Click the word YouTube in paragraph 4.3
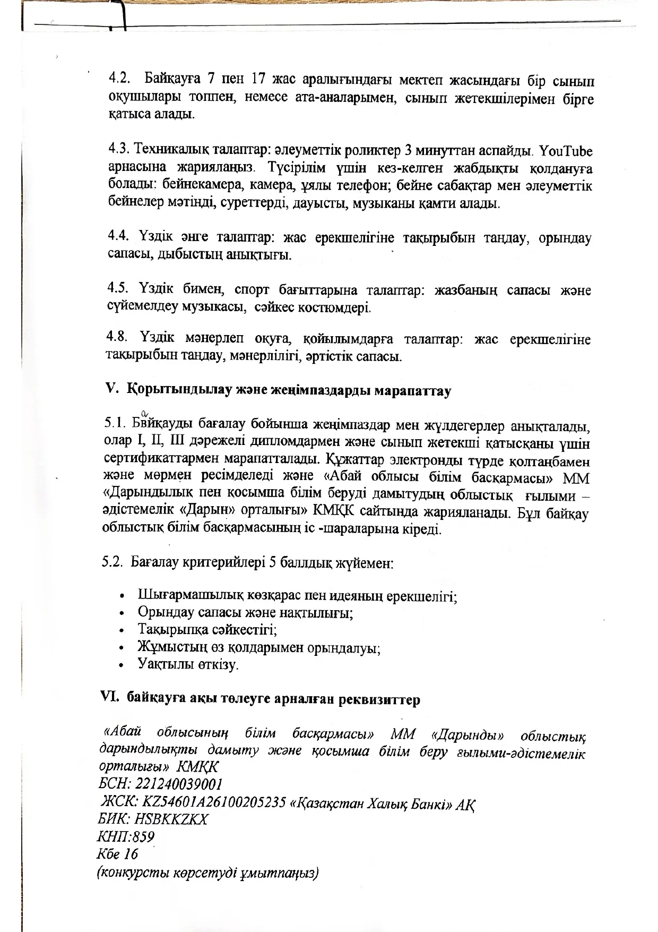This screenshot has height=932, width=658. [566, 151]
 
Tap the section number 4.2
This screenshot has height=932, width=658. [120, 80]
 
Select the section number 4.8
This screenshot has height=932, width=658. [117, 337]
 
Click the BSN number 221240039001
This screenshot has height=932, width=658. [179, 784]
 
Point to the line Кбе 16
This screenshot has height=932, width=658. [117, 854]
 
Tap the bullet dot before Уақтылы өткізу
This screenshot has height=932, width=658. [123, 665]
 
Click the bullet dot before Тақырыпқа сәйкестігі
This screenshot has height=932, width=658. [123, 630]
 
